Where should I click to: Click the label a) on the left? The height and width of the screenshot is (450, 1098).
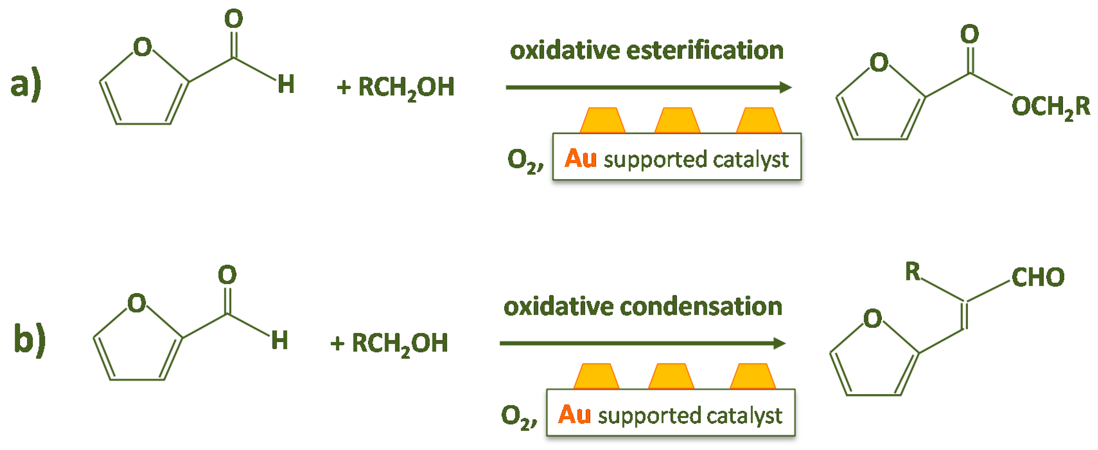click(x=26, y=84)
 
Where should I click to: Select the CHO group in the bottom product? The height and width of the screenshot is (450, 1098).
click(x=1038, y=277)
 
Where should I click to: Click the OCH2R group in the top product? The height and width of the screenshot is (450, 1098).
click(x=1051, y=107)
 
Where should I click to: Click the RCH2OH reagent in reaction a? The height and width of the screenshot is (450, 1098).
click(x=406, y=87)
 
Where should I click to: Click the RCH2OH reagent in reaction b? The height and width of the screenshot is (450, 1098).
click(x=400, y=343)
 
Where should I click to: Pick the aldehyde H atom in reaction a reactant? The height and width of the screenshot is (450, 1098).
click(x=286, y=84)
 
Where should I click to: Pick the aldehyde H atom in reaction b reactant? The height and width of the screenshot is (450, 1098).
click(x=280, y=340)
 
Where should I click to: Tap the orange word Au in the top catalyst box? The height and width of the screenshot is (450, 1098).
click(x=580, y=159)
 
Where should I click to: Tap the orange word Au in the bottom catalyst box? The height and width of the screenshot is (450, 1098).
click(x=574, y=415)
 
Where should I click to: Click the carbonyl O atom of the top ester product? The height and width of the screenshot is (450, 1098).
click(x=969, y=34)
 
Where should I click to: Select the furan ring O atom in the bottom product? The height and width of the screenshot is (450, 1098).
click(x=873, y=319)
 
